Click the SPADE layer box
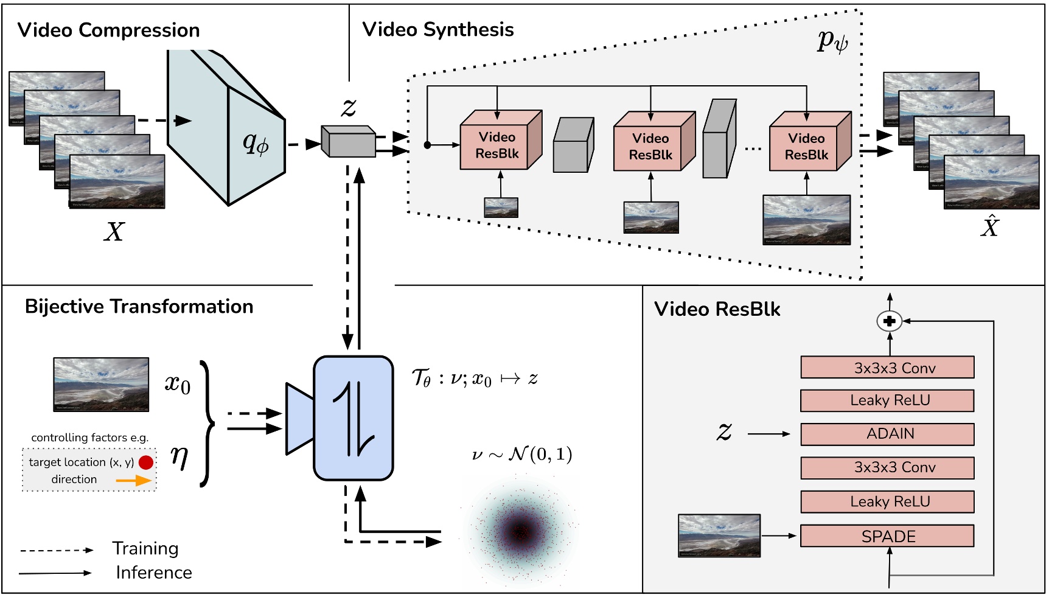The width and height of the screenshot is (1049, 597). click(887, 536)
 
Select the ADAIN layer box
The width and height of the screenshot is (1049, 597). click(887, 434)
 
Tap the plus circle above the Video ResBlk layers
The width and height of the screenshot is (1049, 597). click(890, 321)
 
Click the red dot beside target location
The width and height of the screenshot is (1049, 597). click(146, 463)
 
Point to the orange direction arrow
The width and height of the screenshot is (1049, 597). click(134, 480)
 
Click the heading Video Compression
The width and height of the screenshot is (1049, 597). click(109, 30)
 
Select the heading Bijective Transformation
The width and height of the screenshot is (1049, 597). click(139, 306)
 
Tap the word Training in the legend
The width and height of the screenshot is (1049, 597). click(145, 549)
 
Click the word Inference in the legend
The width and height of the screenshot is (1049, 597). click(154, 573)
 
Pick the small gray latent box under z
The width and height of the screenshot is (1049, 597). click(349, 141)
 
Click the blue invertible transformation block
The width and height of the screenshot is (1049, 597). click(354, 418)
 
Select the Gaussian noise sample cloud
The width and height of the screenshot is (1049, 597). click(520, 531)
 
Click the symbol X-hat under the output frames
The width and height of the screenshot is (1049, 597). click(990, 226)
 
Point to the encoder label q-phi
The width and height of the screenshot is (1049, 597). click(256, 144)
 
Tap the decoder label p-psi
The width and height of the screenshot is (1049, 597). click(832, 41)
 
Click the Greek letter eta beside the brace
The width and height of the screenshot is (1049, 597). click(179, 455)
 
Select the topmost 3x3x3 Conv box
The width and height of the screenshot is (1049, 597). click(887, 368)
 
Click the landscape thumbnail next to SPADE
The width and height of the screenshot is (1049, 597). click(719, 536)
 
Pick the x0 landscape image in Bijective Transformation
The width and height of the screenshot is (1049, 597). click(101, 385)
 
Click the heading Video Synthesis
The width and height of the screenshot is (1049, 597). click(438, 29)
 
